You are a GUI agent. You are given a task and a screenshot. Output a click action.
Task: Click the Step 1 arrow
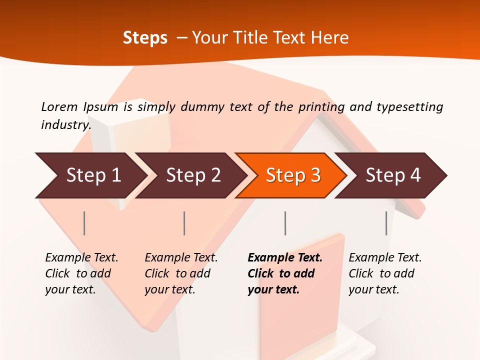click(x=92, y=175)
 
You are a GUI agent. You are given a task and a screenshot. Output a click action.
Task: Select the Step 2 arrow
click(x=192, y=175)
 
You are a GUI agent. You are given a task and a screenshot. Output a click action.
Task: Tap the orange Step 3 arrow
click(x=292, y=175)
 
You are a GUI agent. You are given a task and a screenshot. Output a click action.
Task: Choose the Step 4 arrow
click(x=392, y=175)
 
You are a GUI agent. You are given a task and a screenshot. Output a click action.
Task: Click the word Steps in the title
click(x=145, y=38)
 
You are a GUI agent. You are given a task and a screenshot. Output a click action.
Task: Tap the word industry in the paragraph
click(x=65, y=124)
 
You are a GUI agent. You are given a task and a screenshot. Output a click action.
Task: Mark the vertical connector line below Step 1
click(x=84, y=223)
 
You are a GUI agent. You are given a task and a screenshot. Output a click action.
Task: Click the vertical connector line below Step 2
click(x=184, y=223)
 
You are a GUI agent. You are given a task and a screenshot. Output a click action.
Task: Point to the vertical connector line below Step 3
click(x=285, y=223)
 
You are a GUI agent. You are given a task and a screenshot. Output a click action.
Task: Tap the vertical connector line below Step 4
click(x=386, y=223)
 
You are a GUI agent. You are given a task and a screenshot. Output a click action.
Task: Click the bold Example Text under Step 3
click(x=285, y=258)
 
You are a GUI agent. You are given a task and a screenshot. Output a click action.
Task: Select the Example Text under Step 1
click(x=81, y=258)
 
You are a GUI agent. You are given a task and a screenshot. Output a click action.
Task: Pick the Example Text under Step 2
click(x=181, y=258)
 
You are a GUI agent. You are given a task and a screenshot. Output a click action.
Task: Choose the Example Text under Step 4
click(x=385, y=258)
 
